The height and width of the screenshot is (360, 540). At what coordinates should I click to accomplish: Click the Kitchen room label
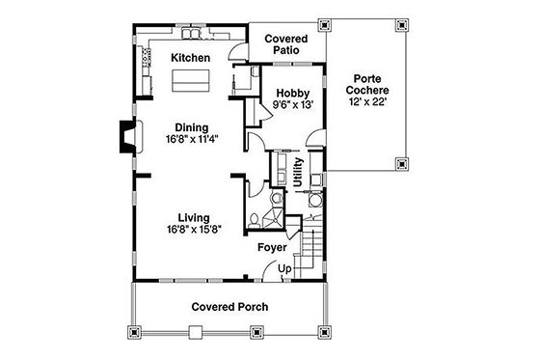coord(190,59)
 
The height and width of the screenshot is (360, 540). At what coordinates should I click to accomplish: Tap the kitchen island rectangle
coord(191,84)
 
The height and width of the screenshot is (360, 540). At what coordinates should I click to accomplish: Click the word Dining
coord(194,126)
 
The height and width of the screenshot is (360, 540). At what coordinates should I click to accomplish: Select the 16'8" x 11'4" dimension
coord(194,139)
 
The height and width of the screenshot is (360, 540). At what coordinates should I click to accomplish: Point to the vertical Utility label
coord(298,172)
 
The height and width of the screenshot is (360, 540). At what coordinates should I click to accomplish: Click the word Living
coord(194,217)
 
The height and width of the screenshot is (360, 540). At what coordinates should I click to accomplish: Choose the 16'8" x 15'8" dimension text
coord(194,230)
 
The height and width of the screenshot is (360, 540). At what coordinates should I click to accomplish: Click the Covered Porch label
coord(229,307)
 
